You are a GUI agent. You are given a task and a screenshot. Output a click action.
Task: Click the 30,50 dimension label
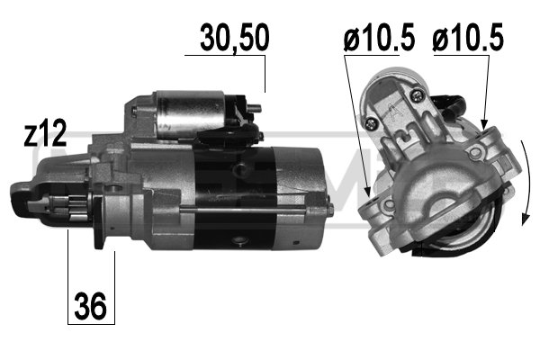235,38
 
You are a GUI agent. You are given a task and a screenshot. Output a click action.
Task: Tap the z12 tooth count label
45,134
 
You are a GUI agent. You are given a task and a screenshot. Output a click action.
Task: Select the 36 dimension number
90,306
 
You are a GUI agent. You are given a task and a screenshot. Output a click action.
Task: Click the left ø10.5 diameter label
379,37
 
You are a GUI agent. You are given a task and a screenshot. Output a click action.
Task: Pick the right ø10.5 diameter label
468,37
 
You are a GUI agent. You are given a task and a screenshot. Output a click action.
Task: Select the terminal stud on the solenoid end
255,108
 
